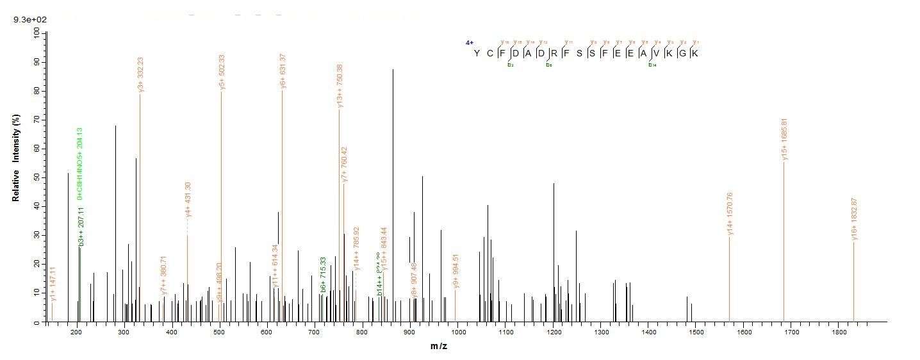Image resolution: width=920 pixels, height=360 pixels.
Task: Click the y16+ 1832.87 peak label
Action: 854,219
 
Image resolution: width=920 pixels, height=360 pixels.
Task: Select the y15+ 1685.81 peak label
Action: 784,139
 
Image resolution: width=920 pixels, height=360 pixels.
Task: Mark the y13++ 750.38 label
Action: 340,86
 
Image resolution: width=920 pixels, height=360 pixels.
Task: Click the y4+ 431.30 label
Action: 188,202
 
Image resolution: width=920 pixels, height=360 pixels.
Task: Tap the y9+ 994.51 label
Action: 456,272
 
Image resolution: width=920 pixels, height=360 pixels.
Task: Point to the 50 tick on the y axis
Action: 36,177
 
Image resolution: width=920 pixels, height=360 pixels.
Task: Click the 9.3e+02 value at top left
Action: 26,20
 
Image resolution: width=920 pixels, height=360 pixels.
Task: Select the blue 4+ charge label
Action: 470,43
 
